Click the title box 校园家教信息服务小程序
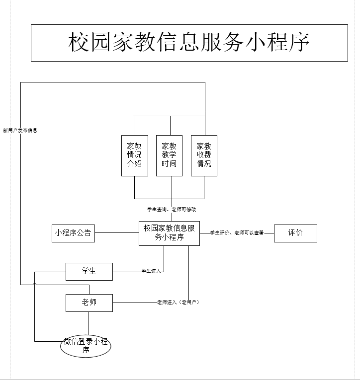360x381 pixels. coord(189,43)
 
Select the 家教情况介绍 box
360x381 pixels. coord(134,155)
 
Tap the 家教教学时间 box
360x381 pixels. coord(169,155)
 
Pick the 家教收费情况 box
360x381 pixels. coord(204,155)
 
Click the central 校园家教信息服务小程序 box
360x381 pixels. coord(169,233)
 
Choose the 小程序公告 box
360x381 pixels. coord(73,233)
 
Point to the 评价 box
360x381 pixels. coord(295,233)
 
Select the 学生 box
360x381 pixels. coord(89,271)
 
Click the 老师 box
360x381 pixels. coord(89,303)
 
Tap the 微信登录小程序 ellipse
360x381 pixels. coord(86,346)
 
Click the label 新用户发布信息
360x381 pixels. coord(20,131)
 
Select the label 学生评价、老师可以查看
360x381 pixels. coord(236,232)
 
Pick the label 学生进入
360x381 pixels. coord(151,271)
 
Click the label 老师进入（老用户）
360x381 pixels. coord(178,302)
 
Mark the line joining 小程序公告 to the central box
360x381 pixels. coord(116,232)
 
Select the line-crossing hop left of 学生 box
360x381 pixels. coord(34,284)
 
